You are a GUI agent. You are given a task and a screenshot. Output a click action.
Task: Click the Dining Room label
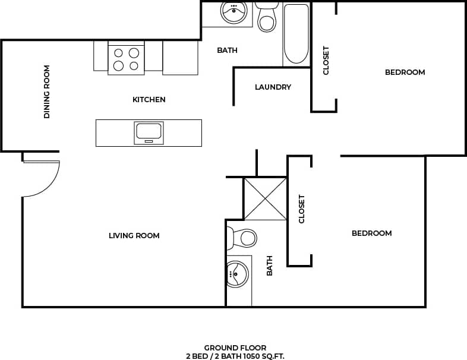(46, 91)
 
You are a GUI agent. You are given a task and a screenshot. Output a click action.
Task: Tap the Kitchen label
(149, 100)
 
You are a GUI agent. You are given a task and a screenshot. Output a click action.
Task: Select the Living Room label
(134, 236)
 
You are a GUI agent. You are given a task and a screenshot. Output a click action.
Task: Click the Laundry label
(273, 87)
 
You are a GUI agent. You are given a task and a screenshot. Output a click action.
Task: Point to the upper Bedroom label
(405, 72)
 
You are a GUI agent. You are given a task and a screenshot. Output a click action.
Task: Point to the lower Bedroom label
(371, 233)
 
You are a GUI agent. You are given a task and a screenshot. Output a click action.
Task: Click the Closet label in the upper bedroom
(326, 61)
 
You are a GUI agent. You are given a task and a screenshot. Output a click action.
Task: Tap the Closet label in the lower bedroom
(301, 209)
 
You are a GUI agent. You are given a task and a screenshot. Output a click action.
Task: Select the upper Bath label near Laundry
(227, 50)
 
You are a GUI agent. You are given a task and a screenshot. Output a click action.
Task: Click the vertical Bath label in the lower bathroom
(269, 266)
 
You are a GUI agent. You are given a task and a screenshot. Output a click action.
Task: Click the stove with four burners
(126, 58)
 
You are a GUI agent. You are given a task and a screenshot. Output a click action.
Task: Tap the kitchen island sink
(149, 132)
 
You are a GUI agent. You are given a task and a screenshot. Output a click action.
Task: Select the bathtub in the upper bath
(296, 34)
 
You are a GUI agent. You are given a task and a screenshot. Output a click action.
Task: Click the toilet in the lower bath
(244, 238)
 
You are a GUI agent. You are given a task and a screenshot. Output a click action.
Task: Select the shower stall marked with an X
(266, 199)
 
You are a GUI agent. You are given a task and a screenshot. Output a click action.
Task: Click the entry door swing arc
(48, 181)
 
